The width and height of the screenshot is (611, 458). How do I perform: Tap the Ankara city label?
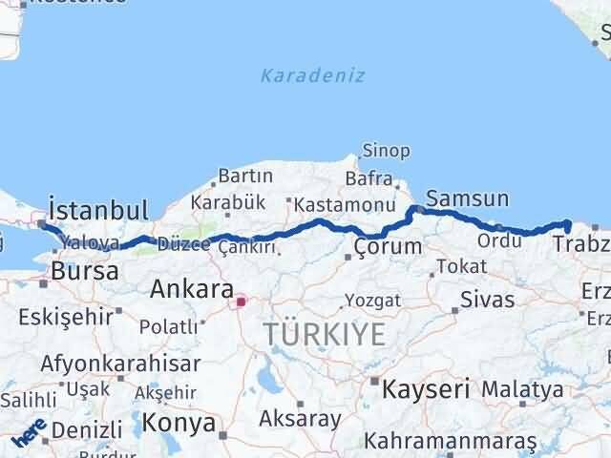(x=192, y=288)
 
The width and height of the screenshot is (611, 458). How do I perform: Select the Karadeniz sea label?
(x=312, y=75)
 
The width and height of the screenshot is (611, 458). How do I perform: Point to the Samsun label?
(x=467, y=199)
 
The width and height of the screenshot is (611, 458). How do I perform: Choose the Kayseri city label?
(x=427, y=388)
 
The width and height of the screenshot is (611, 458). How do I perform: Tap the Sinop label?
(x=386, y=151)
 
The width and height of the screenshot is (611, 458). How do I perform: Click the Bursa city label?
(x=85, y=271)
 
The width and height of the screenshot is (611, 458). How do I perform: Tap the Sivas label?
(x=487, y=299)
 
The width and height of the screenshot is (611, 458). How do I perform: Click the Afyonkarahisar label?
(x=120, y=364)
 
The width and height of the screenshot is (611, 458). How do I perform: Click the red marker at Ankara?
(x=242, y=302)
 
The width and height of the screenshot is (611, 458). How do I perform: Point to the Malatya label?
(x=522, y=388)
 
